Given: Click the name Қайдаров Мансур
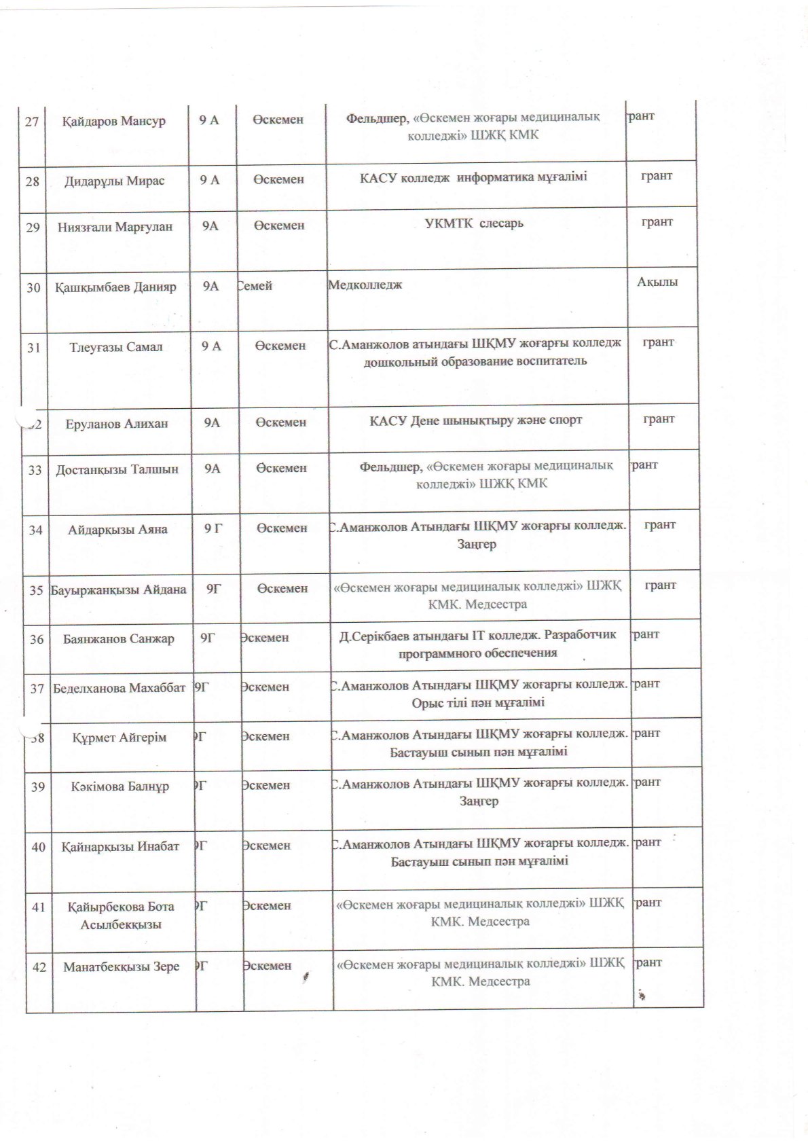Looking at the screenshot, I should point(114,122).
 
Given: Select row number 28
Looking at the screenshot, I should point(33,181).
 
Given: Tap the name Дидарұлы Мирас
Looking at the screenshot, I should point(115,181).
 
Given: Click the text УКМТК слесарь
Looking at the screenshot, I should point(473,223).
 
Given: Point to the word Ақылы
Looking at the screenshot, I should point(657,282).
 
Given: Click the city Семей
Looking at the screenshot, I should point(255,286).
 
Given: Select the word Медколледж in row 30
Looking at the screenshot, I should point(365,285).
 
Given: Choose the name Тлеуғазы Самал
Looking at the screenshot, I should point(115,347).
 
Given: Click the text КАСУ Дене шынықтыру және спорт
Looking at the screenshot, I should point(476,420).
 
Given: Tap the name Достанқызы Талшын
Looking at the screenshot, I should point(117,469).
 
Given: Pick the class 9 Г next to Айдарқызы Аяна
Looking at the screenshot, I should point(213,528).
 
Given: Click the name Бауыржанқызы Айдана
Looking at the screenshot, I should point(118,589).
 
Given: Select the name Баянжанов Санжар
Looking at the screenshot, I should point(119,639).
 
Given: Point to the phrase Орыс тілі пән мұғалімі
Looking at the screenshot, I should point(478,702).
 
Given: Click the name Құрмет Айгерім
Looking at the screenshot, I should point(120,738).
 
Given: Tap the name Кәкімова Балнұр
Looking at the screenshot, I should point(120,787).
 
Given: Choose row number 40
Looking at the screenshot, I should point(39,847).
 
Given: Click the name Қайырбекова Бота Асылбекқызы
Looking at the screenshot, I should point(121,915).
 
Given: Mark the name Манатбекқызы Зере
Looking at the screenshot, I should point(122,966).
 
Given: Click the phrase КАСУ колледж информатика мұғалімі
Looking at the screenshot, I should point(473,177).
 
